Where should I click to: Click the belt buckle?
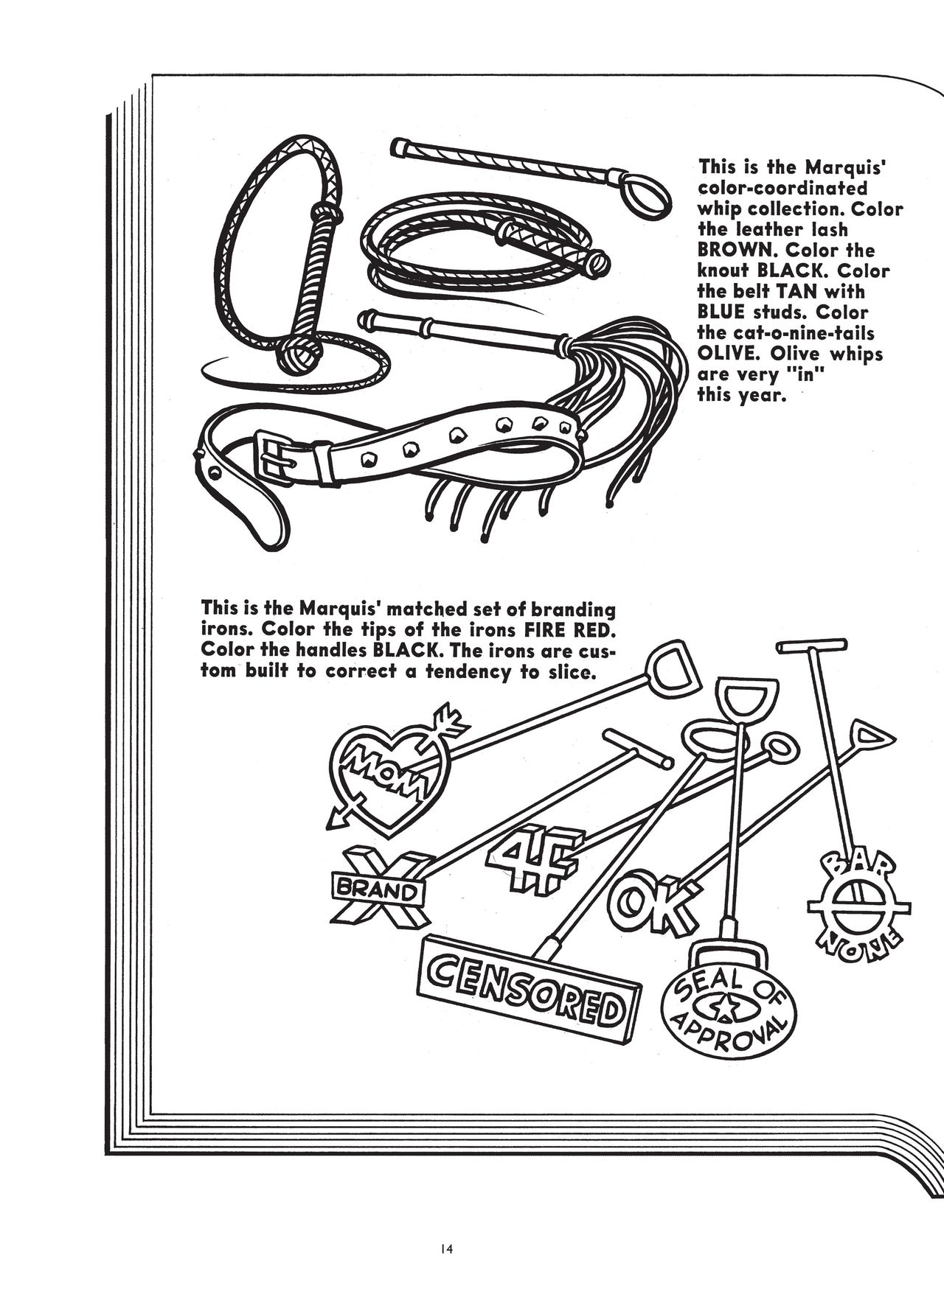click(x=274, y=458)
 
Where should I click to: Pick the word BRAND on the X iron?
click(x=377, y=890)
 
